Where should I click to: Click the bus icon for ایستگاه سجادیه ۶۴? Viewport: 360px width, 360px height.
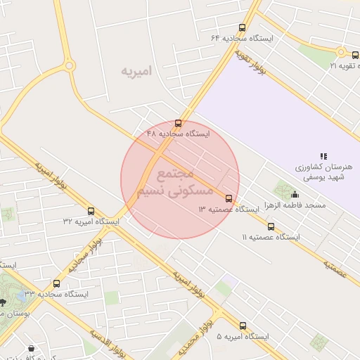click(x=243, y=27)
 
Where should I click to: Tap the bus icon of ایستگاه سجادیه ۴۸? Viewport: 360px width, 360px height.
click(x=179, y=123)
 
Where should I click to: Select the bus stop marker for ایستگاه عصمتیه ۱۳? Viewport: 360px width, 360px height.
click(x=229, y=198)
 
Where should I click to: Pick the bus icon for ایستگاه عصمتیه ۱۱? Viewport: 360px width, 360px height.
click(x=271, y=226)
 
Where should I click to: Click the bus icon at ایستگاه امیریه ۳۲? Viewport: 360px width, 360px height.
click(x=91, y=210)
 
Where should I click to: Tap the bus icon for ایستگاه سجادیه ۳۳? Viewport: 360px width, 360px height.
click(x=56, y=283)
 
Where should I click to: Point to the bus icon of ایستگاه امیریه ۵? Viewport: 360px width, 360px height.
click(x=243, y=326)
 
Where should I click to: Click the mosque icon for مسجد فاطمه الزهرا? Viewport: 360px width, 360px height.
click(x=294, y=195)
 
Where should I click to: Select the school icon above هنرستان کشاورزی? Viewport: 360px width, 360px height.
click(x=323, y=155)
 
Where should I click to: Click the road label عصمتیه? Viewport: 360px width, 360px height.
click(x=337, y=266)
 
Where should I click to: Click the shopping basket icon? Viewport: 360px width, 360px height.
click(x=31, y=348)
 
